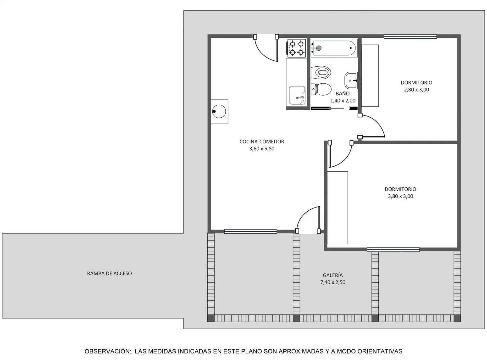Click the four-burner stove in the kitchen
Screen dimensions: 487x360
point(296,48)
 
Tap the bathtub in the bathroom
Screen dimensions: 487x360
point(334,48)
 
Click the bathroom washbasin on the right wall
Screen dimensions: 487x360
point(351,80)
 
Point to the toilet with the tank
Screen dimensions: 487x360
point(321,89)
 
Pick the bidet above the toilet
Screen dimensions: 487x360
point(321,72)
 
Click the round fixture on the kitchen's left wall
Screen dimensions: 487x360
point(219,111)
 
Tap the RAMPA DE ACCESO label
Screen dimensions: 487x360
point(109,273)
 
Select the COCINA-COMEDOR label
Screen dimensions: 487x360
point(262,142)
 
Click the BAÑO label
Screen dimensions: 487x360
point(343,94)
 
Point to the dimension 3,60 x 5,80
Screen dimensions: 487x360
point(262,149)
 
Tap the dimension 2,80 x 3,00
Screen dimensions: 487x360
point(416,90)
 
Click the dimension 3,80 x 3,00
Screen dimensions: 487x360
point(400,196)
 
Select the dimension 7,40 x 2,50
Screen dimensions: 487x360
point(333,282)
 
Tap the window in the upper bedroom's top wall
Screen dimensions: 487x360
point(410,37)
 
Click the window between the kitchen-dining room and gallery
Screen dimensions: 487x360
point(250,231)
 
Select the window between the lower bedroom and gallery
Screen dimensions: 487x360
point(393,250)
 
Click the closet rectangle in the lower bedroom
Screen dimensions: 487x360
point(337,208)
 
